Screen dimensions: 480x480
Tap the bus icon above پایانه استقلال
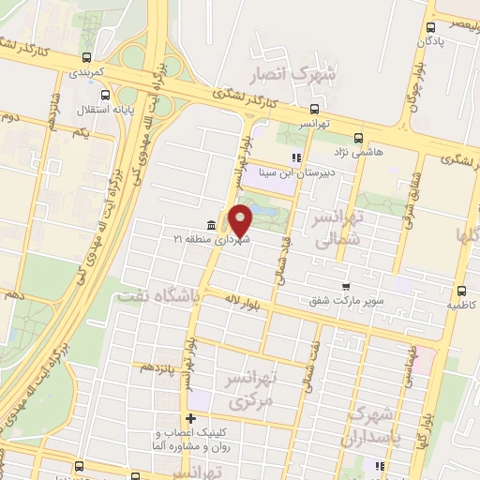[x=103, y=94]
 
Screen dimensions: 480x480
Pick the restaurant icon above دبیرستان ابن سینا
[x=296, y=157]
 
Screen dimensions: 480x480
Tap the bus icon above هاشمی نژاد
[x=358, y=137]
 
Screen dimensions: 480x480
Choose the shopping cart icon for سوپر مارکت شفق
[x=346, y=286]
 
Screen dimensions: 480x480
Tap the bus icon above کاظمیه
[x=461, y=291]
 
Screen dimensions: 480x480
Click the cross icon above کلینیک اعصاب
[x=191, y=419]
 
